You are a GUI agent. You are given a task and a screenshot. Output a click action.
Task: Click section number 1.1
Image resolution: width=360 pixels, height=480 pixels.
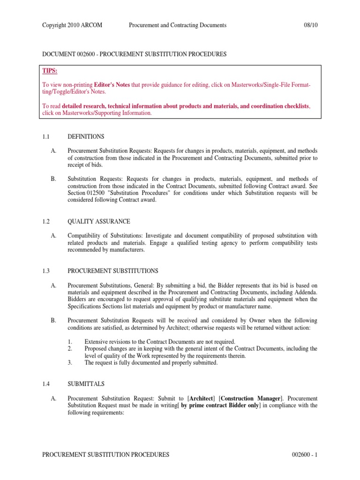[x=46, y=136]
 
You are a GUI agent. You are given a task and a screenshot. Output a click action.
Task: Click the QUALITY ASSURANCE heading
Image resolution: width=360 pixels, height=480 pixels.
[x=99, y=221]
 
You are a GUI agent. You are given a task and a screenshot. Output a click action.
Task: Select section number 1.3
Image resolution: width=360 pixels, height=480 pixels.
[x=46, y=271]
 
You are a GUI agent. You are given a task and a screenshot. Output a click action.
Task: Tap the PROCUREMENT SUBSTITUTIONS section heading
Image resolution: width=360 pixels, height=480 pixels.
[x=113, y=271]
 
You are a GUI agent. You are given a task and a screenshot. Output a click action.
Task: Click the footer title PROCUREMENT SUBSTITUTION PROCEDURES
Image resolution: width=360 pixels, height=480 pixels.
[x=105, y=455]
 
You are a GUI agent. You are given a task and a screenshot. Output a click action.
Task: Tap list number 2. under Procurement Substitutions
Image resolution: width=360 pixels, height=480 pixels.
[x=69, y=348]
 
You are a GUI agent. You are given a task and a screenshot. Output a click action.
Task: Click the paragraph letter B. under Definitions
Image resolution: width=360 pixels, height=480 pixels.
[x=53, y=179]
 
